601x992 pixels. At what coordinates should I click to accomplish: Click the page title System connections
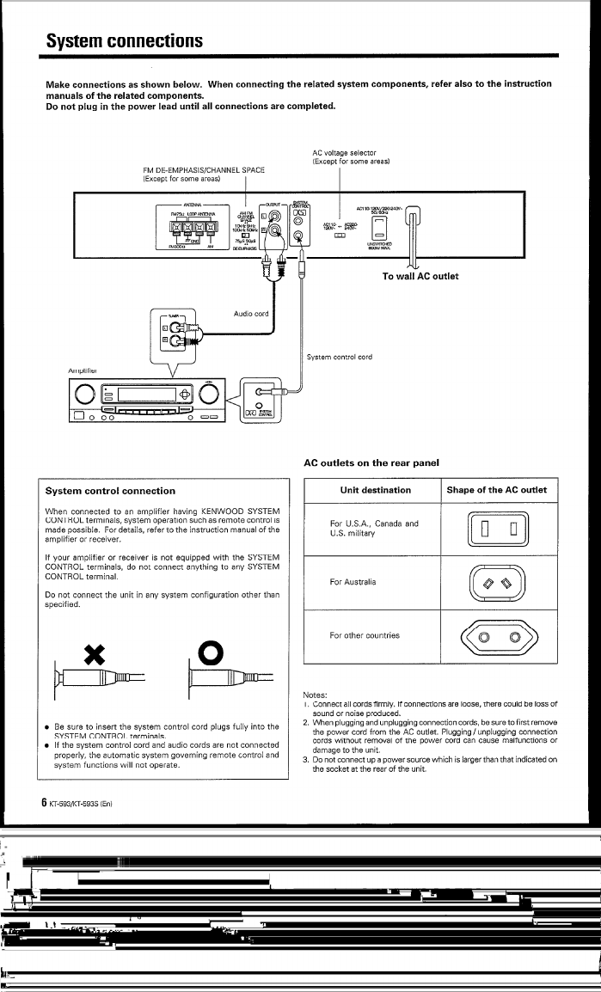[x=125, y=40]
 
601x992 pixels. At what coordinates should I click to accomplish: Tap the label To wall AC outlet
[x=420, y=276]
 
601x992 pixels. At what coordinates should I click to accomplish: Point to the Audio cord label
[x=251, y=314]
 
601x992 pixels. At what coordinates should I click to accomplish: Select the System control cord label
[x=340, y=356]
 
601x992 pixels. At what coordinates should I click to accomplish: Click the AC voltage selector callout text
[x=351, y=157]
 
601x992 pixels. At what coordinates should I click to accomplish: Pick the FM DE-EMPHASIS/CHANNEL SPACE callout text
[x=203, y=175]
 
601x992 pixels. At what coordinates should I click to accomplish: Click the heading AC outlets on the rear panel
[x=372, y=462]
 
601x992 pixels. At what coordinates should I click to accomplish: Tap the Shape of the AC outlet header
[x=497, y=490]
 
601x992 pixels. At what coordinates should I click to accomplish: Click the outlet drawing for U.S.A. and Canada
[x=497, y=528]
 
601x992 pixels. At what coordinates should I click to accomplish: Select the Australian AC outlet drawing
[x=497, y=583]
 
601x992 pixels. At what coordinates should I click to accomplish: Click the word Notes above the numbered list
[x=316, y=695]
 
